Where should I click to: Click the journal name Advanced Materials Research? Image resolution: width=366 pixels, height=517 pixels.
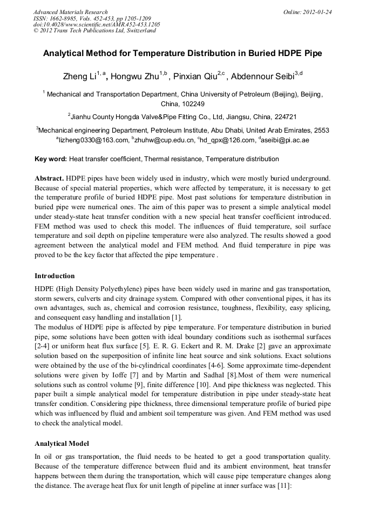coord(70,12)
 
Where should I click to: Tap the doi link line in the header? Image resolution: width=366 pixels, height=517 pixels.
coord(97,24)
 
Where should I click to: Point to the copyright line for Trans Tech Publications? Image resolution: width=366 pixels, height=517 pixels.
coord(94,31)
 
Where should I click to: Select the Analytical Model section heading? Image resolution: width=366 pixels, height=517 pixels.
coord(62,443)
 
